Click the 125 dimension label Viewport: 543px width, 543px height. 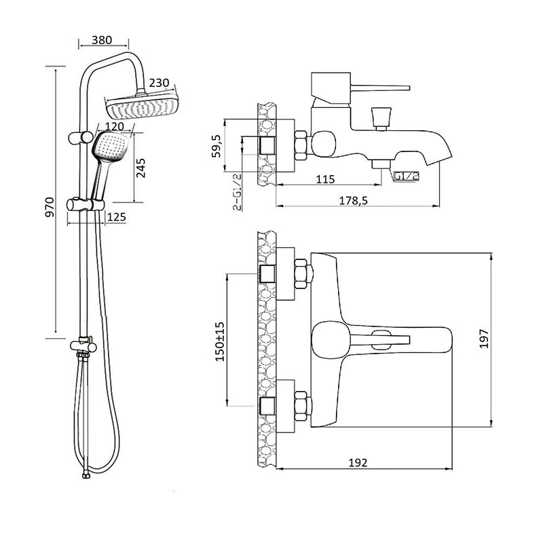(x=117, y=217)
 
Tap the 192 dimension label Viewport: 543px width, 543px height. (x=358, y=463)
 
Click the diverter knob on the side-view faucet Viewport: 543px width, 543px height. (x=381, y=116)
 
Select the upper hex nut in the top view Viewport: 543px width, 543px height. (x=303, y=273)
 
